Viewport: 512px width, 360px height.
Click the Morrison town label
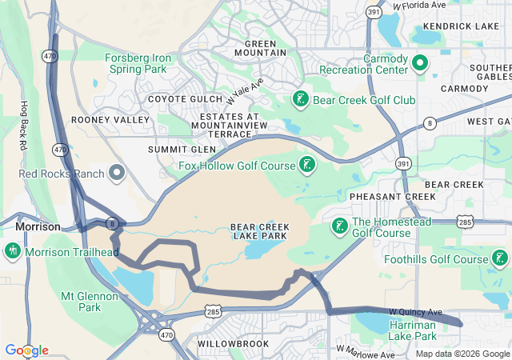click(38, 226)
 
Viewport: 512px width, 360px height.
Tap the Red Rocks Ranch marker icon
click(118, 172)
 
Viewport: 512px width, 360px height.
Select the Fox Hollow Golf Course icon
click(306, 166)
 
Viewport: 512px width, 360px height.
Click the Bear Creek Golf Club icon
click(300, 100)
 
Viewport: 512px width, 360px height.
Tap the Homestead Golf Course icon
click(340, 226)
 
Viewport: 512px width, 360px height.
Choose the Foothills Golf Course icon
click(500, 258)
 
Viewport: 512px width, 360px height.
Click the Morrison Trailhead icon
click(12, 252)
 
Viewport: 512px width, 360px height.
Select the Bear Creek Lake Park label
click(260, 231)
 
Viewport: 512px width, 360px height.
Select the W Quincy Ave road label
click(415, 311)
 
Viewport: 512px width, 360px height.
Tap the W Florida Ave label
click(419, 6)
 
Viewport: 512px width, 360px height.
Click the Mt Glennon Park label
click(89, 301)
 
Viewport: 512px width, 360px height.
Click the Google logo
click(26, 350)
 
